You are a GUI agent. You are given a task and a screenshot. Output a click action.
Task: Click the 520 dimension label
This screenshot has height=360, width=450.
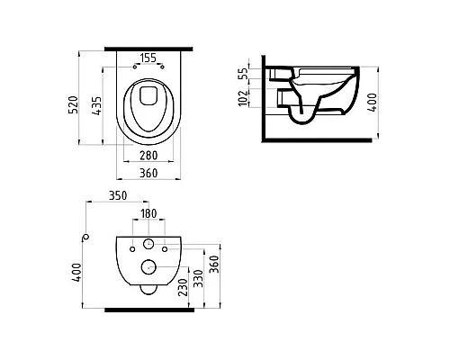pyautogui.click(x=74, y=104)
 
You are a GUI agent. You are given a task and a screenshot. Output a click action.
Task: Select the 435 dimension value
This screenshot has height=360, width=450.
pyautogui.click(x=97, y=106)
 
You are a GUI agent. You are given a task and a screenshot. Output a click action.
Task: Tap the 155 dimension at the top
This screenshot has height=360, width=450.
pyautogui.click(x=148, y=58)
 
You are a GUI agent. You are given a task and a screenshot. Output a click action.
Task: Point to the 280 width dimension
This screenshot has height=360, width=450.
pyautogui.click(x=148, y=156)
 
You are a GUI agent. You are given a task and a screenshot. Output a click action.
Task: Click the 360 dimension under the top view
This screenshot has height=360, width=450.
pyautogui.click(x=148, y=173)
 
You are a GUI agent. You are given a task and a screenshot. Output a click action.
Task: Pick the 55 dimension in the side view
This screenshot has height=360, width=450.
pyautogui.click(x=245, y=73)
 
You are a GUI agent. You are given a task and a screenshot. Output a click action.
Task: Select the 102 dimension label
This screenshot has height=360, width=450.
pyautogui.click(x=244, y=97)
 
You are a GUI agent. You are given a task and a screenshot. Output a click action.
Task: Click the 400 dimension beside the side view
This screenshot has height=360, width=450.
pyautogui.click(x=372, y=103)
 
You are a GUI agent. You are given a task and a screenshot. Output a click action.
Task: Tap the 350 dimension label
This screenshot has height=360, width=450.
pyautogui.click(x=118, y=195)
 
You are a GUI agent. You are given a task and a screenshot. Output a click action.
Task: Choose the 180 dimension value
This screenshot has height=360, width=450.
pyautogui.click(x=148, y=213)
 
